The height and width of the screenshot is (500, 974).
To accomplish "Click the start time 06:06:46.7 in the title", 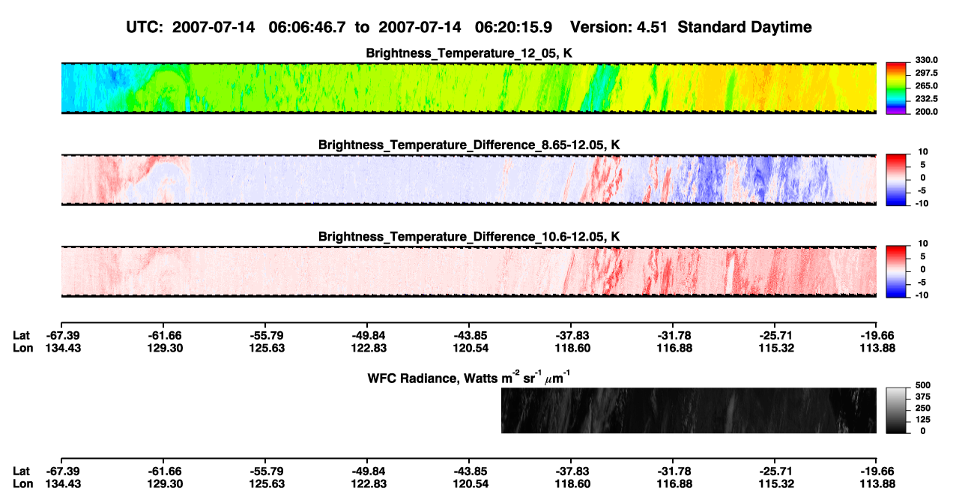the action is tap(307, 27).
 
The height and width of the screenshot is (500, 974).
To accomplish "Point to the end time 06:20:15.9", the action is tap(513, 27).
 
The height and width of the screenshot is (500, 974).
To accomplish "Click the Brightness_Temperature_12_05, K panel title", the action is tap(469, 53).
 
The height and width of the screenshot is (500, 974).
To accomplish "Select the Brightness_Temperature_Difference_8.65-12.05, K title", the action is tap(469, 145).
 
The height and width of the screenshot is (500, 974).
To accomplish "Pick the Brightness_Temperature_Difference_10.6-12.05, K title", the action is tap(469, 237).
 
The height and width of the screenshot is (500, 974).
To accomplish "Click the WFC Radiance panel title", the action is tap(469, 378).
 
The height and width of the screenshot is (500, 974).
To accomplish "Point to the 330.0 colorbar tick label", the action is tap(926, 60).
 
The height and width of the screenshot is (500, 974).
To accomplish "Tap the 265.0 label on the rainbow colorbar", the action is tap(926, 85).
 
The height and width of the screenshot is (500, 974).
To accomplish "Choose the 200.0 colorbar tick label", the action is tap(926, 112).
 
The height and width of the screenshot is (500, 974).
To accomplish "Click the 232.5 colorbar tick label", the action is tap(926, 99).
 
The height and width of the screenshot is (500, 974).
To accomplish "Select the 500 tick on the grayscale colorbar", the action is tap(923, 385).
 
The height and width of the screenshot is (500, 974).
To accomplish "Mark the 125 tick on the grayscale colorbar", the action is tap(923, 420).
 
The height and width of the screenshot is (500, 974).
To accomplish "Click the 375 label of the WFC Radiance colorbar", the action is tap(923, 397).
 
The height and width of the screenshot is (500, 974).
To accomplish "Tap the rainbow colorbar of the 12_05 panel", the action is tap(896, 88).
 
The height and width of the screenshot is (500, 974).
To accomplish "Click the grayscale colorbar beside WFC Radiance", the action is tap(896, 410).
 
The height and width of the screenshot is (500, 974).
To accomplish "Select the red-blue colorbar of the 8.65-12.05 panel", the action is tap(896, 180).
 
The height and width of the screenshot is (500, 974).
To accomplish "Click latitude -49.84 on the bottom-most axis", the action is tap(369, 472).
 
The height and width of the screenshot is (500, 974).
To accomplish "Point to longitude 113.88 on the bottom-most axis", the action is tap(877, 484).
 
